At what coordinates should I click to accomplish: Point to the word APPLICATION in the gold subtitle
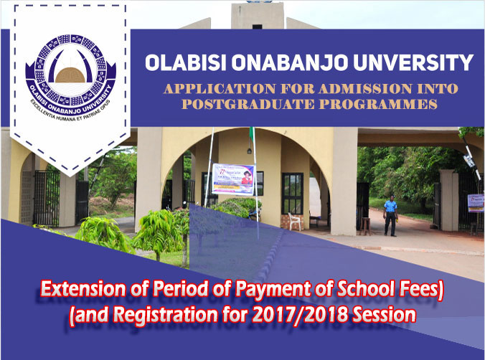(208, 90)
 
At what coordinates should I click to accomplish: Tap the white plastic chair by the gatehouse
(295, 220)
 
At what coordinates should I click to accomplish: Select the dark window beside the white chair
(293, 192)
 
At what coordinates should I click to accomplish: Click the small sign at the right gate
(475, 200)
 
